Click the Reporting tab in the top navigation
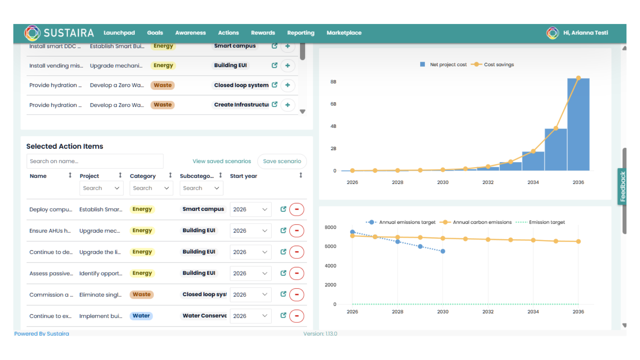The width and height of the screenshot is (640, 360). [x=301, y=33]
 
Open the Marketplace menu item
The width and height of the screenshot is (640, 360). [x=344, y=33]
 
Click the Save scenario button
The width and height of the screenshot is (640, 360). [x=282, y=161]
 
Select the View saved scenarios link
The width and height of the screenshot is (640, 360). [x=222, y=161]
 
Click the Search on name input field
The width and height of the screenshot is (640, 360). [x=95, y=161]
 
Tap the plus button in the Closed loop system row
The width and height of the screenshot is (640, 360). [x=288, y=85]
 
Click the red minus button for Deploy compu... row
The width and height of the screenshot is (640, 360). [x=297, y=209]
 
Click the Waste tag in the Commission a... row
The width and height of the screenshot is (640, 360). [x=142, y=294]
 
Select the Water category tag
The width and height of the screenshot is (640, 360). [x=141, y=316]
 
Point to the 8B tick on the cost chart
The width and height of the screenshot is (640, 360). [x=333, y=82]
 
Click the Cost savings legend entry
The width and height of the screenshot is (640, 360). [x=499, y=65]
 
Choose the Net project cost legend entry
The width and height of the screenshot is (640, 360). [x=448, y=65]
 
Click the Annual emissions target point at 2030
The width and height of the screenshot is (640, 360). [x=443, y=251]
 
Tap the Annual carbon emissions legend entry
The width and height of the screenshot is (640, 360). [x=482, y=222]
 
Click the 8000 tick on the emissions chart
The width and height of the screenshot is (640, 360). [x=330, y=227]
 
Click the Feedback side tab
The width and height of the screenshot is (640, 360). [x=623, y=186]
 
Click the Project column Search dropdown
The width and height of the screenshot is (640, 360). [x=101, y=188]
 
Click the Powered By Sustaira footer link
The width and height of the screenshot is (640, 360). [x=42, y=334]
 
